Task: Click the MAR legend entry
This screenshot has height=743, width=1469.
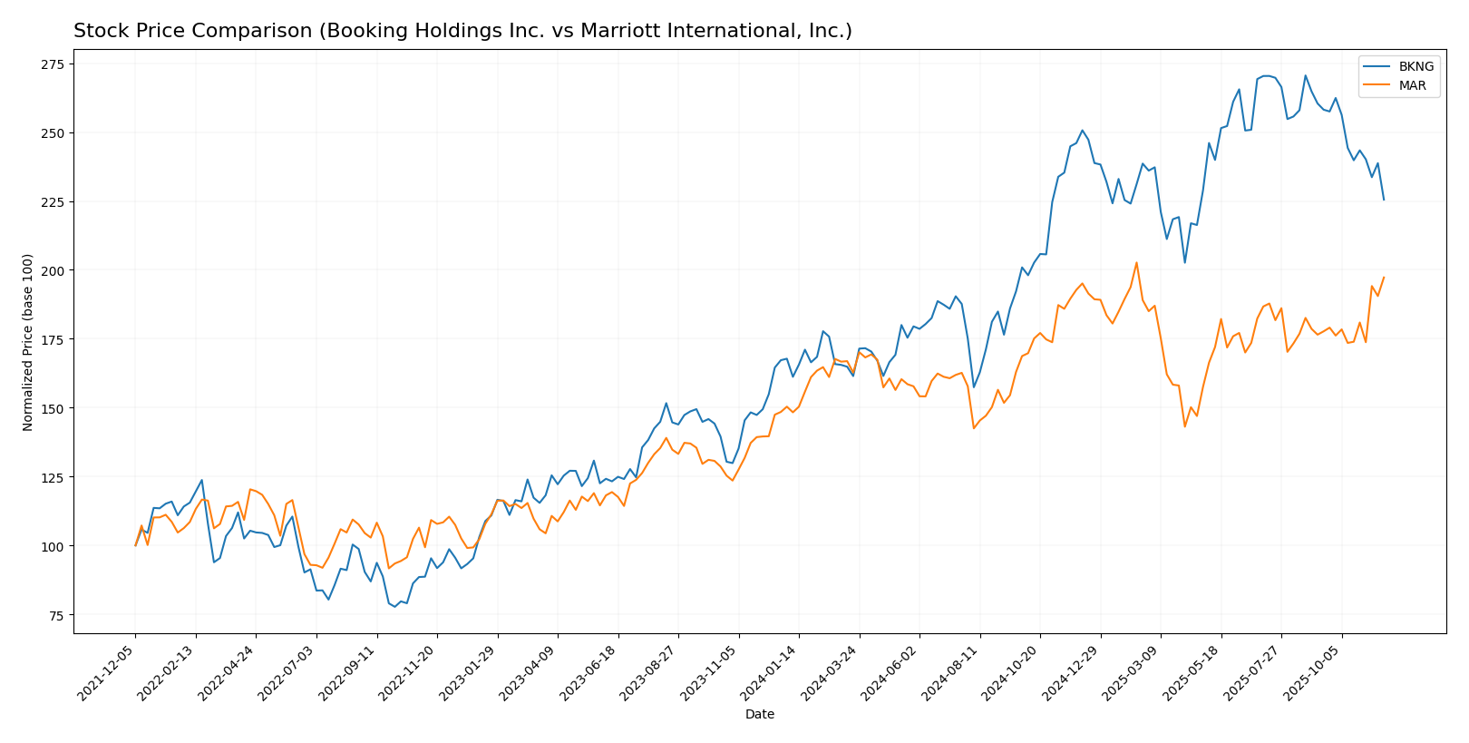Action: [x=1412, y=86]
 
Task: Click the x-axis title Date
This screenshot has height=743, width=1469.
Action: [x=759, y=715]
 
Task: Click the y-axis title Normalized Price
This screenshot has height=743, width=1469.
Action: [x=28, y=342]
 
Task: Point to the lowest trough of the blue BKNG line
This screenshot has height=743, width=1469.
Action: [x=394, y=606]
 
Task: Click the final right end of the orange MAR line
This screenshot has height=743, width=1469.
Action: [x=1384, y=278]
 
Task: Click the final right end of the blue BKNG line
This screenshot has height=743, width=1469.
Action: [x=1384, y=200]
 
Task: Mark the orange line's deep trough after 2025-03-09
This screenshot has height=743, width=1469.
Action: [x=1184, y=426]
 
